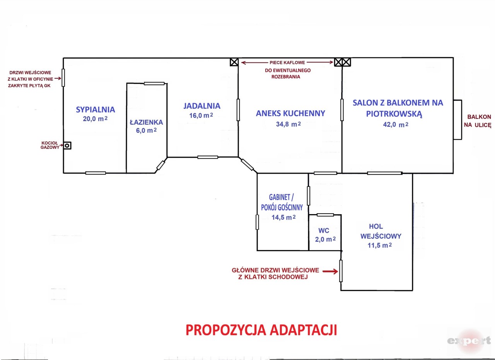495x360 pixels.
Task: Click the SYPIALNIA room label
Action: point(96,110)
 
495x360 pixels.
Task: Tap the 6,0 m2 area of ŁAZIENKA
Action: point(146,130)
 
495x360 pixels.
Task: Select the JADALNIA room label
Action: point(202,106)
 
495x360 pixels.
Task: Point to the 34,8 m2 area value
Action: point(288,124)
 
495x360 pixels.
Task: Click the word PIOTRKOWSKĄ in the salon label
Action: point(394,114)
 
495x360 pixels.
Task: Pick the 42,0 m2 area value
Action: point(396,125)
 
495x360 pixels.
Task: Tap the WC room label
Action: point(324,231)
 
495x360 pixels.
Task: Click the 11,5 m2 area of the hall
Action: point(380,245)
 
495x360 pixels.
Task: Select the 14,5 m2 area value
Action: point(283,218)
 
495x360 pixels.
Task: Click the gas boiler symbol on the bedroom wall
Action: point(67,146)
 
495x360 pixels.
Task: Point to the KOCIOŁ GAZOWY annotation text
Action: point(50,145)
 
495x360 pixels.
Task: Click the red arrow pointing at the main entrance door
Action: point(330,271)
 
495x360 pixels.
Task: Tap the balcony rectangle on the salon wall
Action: point(457,120)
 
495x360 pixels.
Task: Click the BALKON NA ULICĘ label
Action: point(478,121)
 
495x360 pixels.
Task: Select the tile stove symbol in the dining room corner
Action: point(234,62)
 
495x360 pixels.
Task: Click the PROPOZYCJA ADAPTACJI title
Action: point(261,330)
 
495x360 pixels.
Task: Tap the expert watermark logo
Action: point(469,341)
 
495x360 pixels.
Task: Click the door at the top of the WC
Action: point(325,215)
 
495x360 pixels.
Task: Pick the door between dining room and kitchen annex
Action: point(238,110)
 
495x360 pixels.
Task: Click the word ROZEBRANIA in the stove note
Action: point(286,77)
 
